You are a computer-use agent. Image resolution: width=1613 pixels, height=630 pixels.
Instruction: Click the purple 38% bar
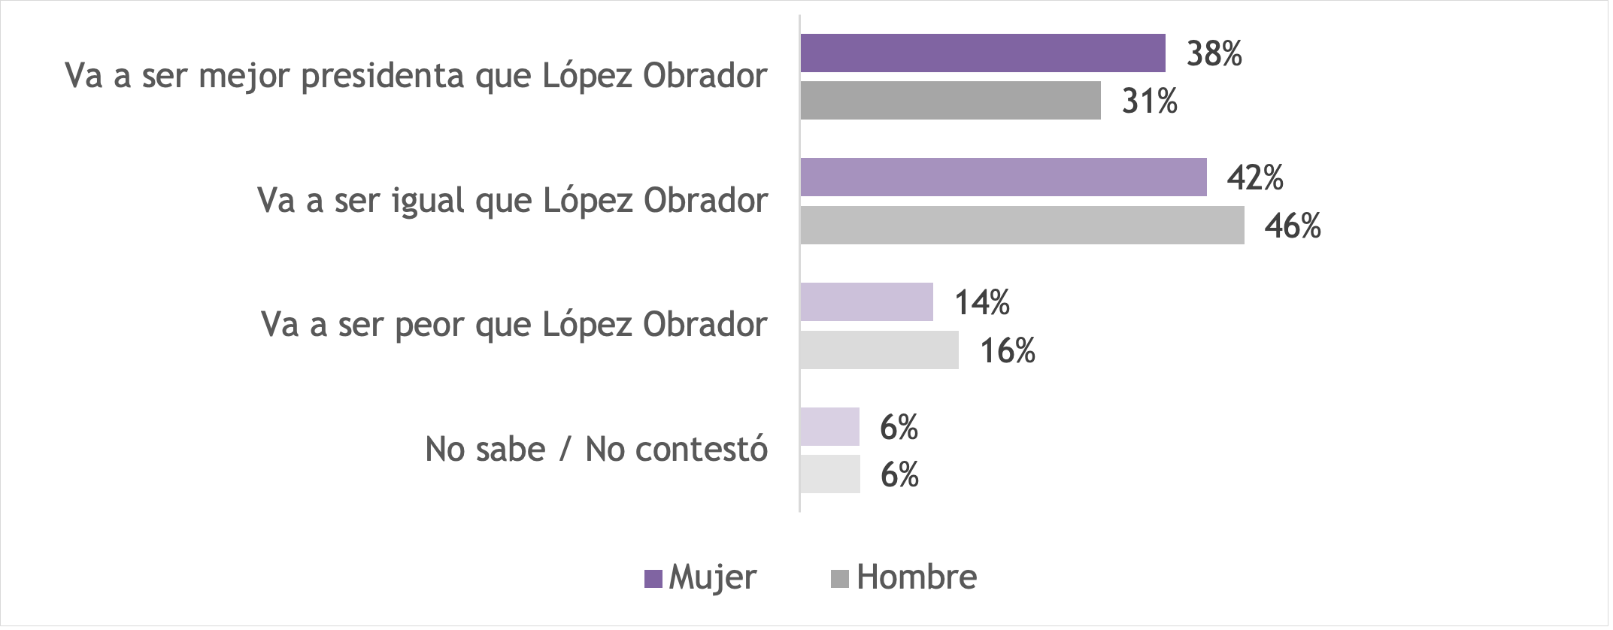[982, 53]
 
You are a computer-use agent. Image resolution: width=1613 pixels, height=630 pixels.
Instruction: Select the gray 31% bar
[950, 101]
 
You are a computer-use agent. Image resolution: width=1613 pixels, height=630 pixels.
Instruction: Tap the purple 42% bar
[1003, 177]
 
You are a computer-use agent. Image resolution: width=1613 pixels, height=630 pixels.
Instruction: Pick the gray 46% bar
[1022, 226]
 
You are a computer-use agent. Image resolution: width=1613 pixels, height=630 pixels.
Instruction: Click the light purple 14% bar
[866, 302]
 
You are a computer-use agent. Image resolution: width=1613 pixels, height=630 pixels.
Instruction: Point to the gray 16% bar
[879, 350]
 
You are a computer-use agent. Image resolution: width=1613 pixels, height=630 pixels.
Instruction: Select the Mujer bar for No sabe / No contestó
[829, 427]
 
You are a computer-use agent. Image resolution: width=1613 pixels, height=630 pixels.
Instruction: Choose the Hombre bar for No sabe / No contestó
[829, 474]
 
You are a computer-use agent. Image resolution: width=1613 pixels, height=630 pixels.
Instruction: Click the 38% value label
[1214, 54]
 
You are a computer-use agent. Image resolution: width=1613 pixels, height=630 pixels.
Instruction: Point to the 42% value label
[1255, 178]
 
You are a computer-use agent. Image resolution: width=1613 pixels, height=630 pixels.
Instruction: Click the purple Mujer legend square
[653, 579]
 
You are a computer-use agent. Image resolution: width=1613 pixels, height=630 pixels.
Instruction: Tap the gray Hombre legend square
[840, 579]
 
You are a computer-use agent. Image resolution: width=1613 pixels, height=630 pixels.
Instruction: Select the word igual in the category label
[428, 201]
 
